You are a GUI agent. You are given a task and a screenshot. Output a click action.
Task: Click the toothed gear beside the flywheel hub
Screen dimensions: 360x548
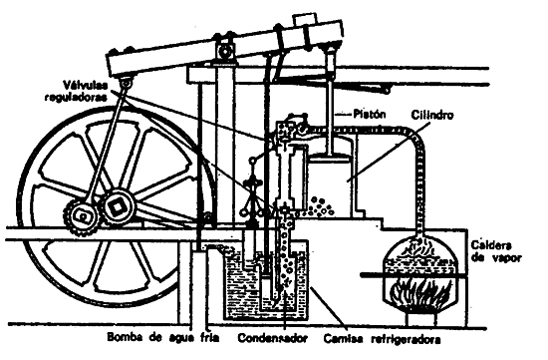click(79, 213)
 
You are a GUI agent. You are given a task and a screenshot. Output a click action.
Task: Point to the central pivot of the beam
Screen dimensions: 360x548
click(226, 47)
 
